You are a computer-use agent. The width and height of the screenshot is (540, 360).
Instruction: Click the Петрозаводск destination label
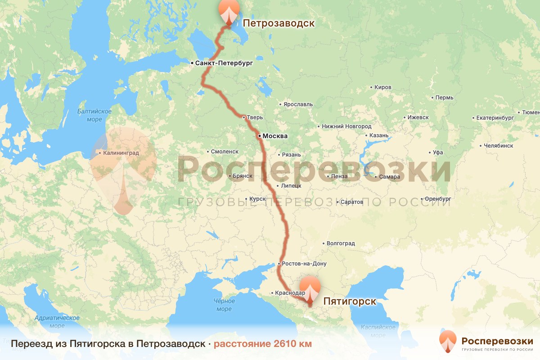tap(279, 23)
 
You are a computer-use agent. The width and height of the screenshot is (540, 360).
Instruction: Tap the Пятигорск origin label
tap(350, 301)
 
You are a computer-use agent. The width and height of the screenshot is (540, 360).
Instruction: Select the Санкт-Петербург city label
tap(224, 63)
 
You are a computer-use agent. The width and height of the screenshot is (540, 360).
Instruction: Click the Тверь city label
tap(254, 117)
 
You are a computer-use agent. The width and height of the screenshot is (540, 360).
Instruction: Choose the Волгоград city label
tap(341, 243)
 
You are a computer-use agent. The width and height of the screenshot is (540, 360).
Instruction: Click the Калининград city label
tap(121, 153)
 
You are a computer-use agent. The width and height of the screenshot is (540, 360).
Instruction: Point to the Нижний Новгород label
tap(346, 126)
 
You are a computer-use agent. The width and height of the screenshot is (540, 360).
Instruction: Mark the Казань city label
tap(378, 135)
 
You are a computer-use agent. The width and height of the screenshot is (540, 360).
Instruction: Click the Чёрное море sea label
tap(224, 305)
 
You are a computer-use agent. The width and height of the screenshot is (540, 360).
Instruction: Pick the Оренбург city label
tap(438, 198)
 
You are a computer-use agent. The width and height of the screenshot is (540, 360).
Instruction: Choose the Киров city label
tap(383, 87)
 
